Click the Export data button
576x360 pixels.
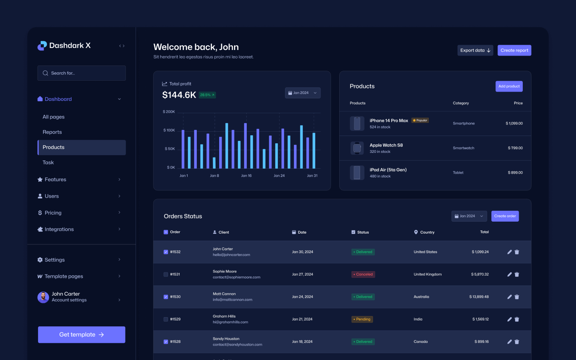(475, 50)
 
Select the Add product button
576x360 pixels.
(509, 86)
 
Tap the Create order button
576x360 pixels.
(505, 216)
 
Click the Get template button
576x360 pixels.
(82, 335)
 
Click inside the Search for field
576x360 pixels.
(82, 73)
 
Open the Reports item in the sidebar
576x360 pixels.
(52, 132)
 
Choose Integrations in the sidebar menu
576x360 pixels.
(59, 229)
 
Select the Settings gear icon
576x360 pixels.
(40, 260)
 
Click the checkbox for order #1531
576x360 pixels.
(166, 274)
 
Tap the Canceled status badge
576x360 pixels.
(363, 274)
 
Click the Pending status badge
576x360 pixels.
(362, 319)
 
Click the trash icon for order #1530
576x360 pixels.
(517, 297)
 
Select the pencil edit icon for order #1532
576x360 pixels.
(509, 252)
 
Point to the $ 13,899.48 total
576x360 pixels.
(479, 297)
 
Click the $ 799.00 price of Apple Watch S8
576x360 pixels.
(515, 148)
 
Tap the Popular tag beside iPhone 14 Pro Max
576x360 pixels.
(420, 120)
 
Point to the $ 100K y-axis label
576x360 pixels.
(169, 130)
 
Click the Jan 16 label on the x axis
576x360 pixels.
(246, 176)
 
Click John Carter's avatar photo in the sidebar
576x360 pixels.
(43, 297)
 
